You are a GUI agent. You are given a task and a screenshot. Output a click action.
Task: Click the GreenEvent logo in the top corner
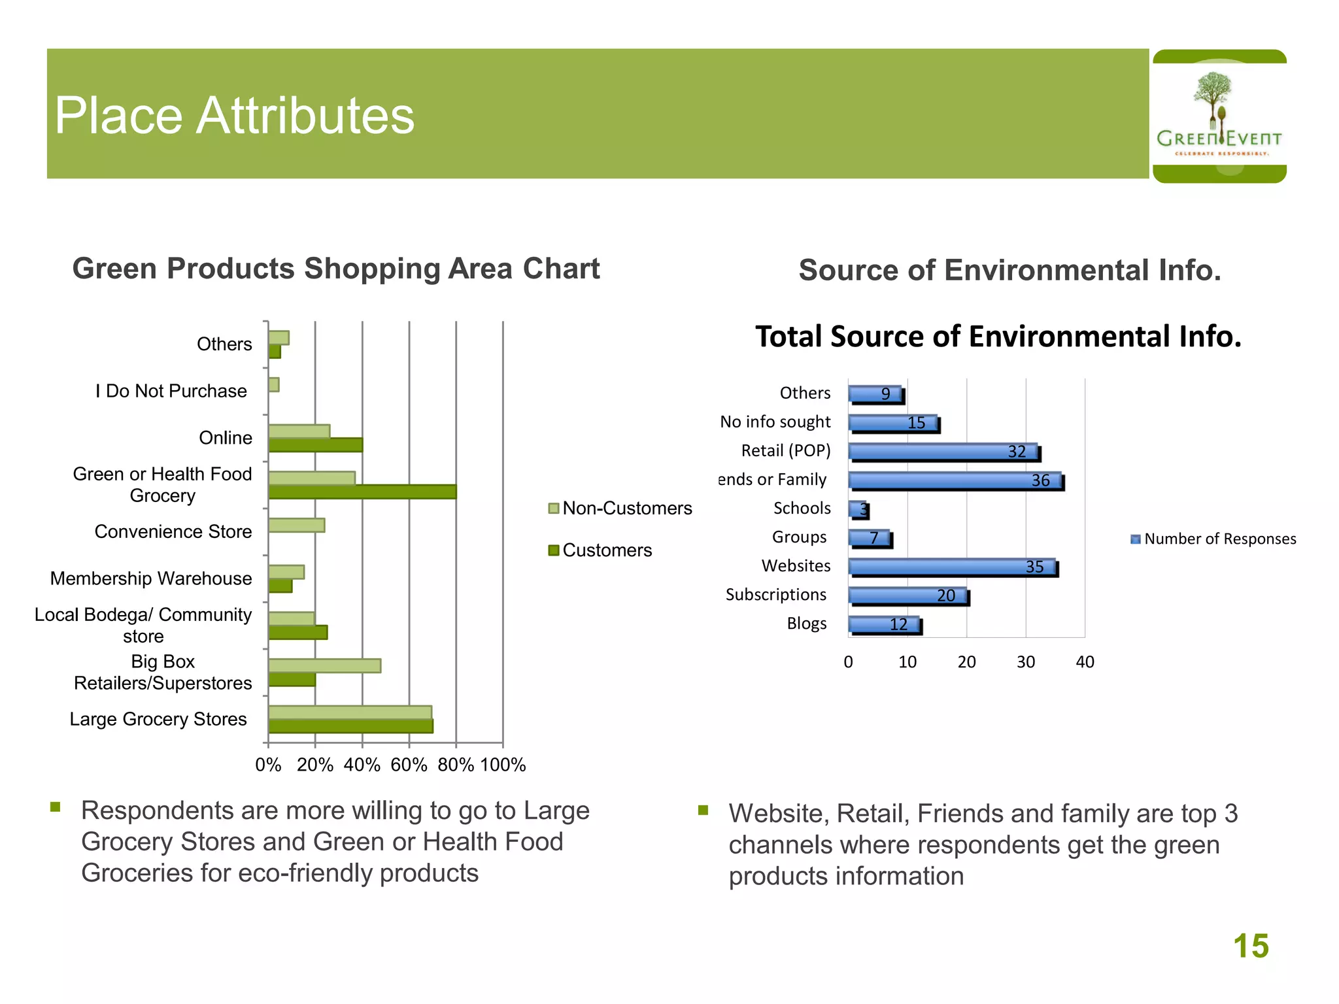point(1219,116)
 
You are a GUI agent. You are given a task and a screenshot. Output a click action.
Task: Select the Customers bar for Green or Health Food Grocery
point(362,492)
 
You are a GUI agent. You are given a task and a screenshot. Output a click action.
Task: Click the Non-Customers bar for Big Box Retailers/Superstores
point(324,665)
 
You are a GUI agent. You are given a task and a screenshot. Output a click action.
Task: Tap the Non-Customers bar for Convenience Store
point(296,525)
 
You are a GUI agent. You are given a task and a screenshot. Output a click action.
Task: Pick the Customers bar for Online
point(315,445)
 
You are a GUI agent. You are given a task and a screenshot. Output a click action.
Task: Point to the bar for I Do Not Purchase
point(274,384)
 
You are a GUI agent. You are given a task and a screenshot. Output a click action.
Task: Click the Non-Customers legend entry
point(620,508)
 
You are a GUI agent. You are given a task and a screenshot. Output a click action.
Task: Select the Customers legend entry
point(600,550)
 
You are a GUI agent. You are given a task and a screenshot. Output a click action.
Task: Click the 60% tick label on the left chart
point(409,764)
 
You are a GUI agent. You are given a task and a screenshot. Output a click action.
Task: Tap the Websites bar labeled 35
point(952,567)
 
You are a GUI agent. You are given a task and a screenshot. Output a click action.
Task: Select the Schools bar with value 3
point(858,509)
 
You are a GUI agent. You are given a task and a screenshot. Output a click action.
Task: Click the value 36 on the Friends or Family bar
point(1040,480)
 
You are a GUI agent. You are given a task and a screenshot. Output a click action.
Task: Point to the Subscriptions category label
point(775,594)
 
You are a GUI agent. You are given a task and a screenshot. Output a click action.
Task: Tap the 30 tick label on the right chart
point(1025,662)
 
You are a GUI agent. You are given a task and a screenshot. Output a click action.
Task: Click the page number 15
point(1250,946)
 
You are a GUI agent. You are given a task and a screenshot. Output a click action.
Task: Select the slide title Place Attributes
point(234,116)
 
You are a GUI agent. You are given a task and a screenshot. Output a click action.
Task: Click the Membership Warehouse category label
point(150,578)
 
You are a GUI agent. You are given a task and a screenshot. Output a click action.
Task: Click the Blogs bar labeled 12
point(884,625)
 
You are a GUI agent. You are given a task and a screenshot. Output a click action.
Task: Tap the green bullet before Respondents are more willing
point(56,807)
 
